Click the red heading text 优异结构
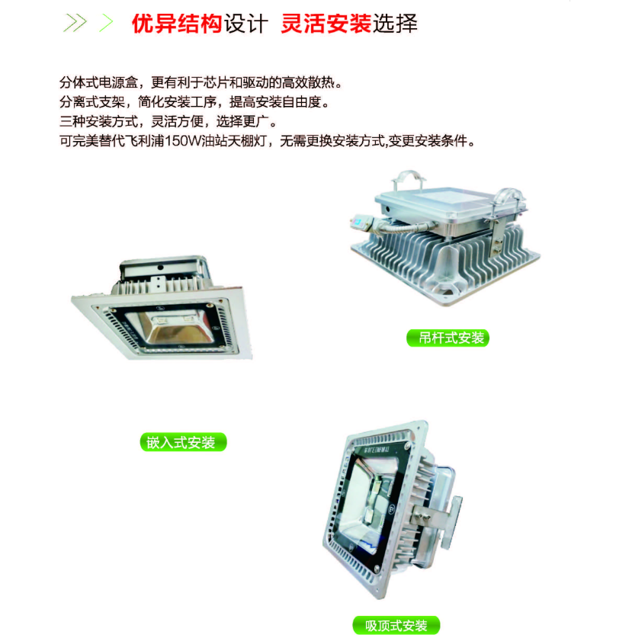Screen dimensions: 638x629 (176, 24)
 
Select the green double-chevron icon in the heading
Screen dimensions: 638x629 (74, 24)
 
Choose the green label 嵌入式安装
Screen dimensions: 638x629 (183, 442)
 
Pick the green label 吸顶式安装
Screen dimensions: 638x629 (396, 626)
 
